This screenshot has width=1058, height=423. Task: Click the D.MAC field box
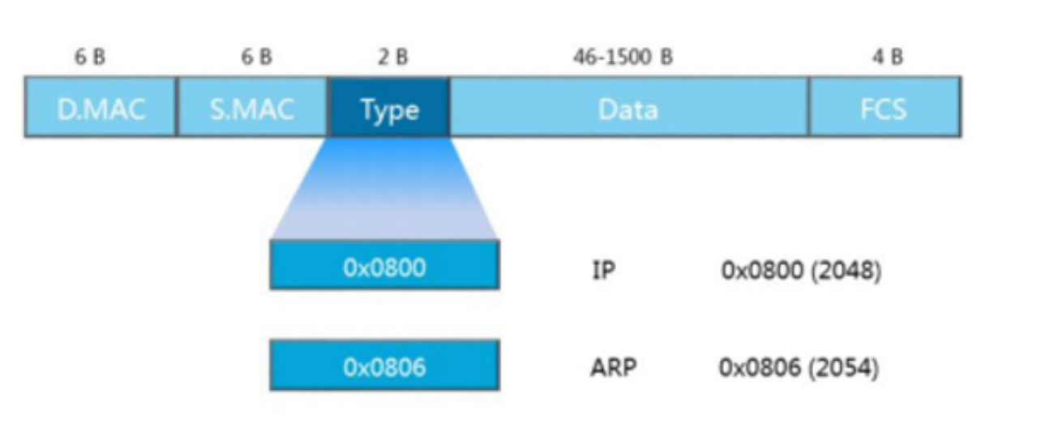101,107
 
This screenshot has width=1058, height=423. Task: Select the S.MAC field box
252,107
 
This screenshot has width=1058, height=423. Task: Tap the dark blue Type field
389,107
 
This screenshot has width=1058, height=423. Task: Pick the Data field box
628,107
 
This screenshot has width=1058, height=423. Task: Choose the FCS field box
885,107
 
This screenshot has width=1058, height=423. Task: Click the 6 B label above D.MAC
89,58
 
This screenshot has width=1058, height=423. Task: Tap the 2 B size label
392,58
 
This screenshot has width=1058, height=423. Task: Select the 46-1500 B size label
623,58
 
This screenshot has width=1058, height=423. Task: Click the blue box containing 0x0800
384,265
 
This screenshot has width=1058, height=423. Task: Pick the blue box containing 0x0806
384,365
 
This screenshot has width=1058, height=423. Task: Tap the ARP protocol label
612,368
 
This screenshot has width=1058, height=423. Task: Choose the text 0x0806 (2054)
799,368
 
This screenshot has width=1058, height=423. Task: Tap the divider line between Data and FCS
809,107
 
